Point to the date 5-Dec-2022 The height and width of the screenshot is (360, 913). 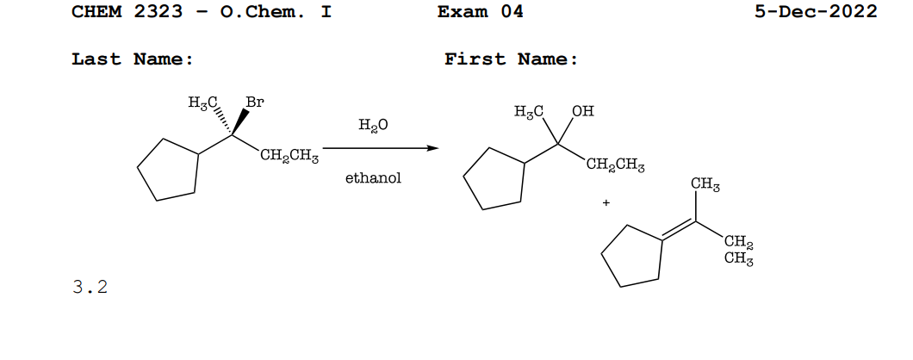pos(815,11)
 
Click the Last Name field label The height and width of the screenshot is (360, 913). pos(132,59)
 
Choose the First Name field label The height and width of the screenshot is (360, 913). pos(511,59)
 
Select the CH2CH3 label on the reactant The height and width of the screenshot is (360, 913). pos(289,156)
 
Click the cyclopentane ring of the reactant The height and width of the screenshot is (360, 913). pos(170,170)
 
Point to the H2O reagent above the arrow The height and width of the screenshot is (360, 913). pos(373,126)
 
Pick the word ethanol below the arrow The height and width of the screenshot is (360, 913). pos(373,179)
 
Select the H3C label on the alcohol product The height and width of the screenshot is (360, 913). pos(529,111)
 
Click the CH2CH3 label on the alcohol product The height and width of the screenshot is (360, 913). pos(616,165)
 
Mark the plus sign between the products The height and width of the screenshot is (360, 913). pos(606,203)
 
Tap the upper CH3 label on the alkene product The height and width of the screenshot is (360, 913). pos(705,185)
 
